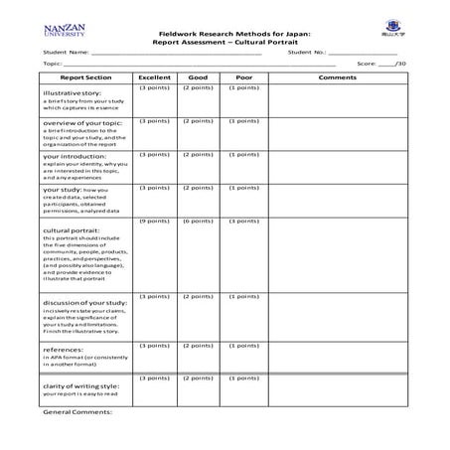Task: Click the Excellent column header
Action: (154, 76)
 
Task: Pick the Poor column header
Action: (244, 76)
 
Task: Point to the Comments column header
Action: (338, 76)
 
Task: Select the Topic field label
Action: (53, 63)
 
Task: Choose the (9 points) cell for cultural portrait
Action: (154, 221)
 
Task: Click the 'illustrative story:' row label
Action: (72, 92)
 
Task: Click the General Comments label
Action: (77, 409)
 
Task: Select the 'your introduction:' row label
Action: (71, 156)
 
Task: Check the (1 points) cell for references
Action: (244, 345)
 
